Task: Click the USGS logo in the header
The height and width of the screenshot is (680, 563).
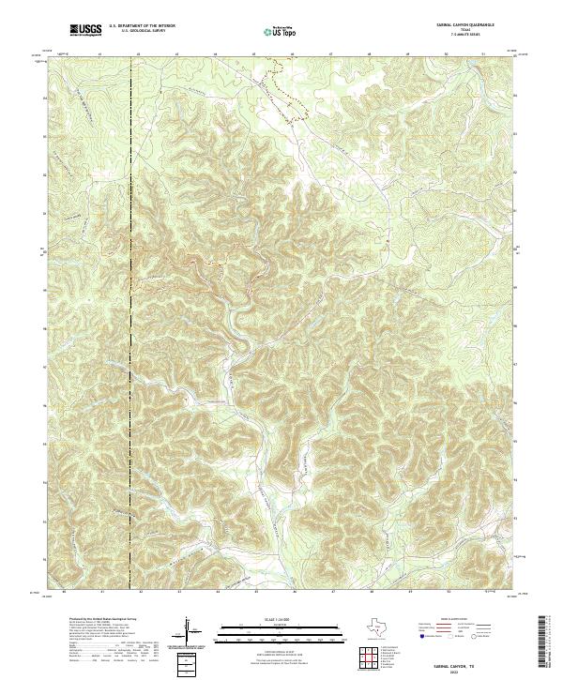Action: [x=85, y=31]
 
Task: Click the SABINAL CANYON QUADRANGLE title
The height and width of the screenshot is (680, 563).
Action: [x=465, y=25]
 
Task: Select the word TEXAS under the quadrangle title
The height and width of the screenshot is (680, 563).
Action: [x=465, y=30]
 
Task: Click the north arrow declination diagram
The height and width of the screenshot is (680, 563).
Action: [x=190, y=628]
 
